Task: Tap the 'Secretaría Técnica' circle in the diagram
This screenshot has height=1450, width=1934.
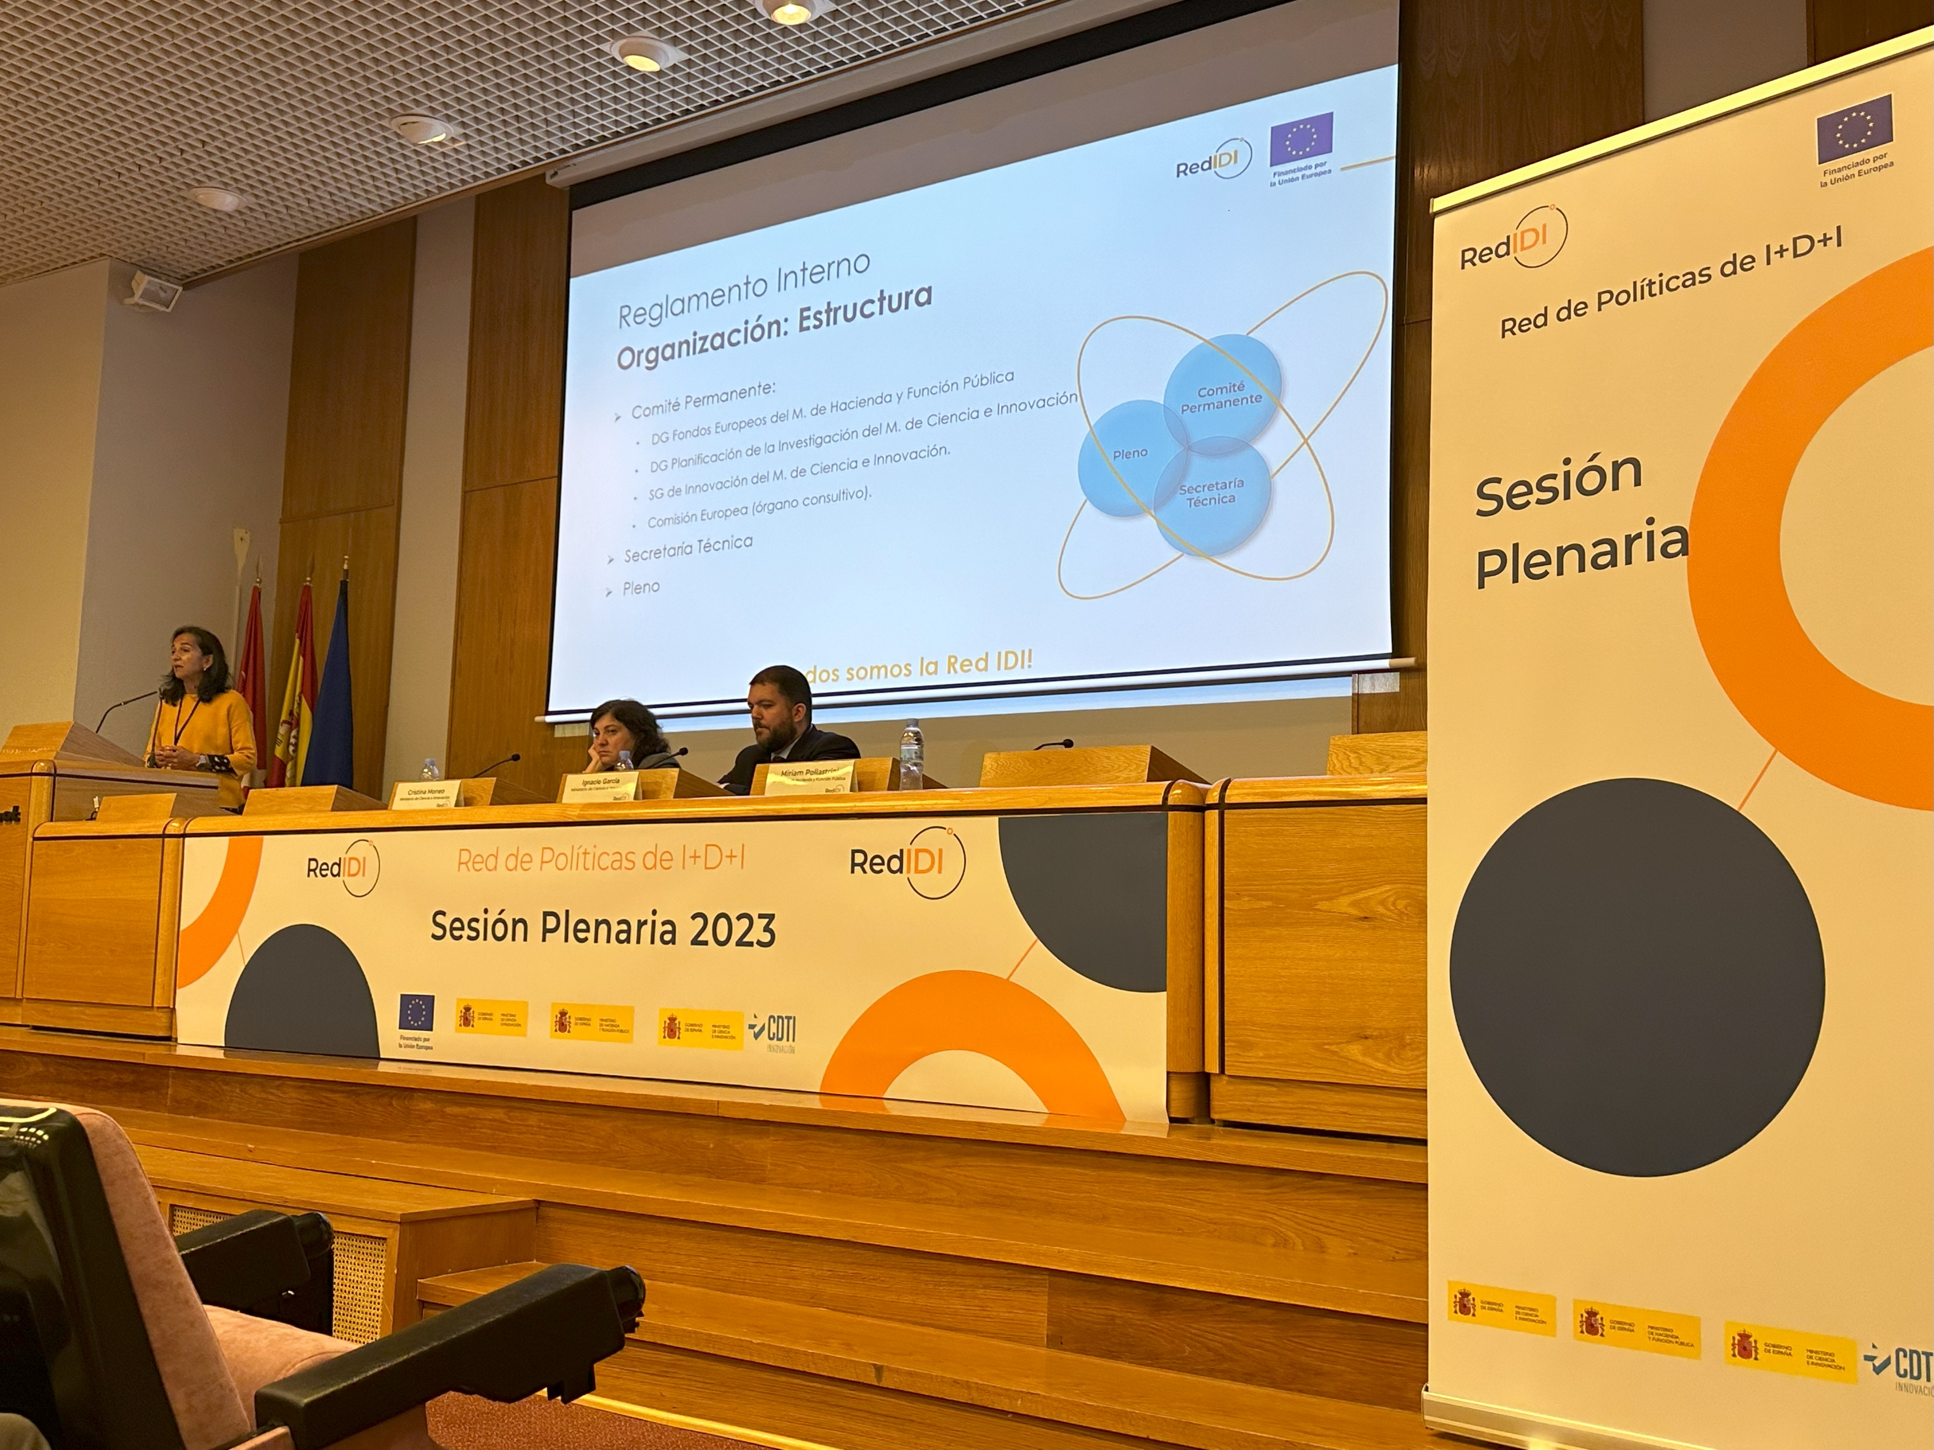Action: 1211,494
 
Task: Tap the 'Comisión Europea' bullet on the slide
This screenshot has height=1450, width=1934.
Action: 759,507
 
